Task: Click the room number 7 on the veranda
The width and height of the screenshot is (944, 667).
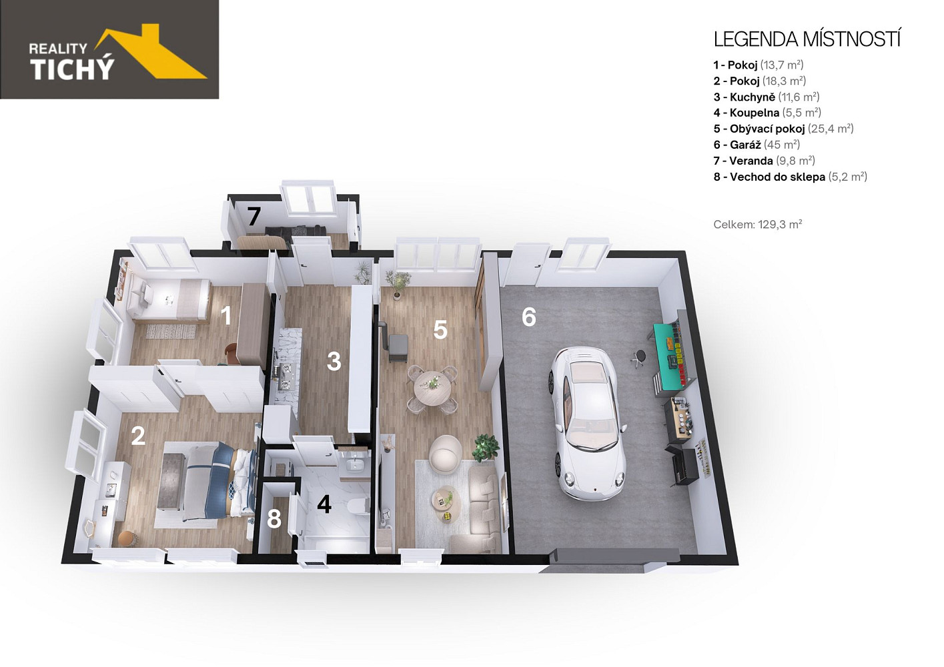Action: click(254, 217)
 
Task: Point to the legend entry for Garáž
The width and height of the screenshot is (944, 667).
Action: click(757, 145)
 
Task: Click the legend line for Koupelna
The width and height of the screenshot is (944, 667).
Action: click(767, 113)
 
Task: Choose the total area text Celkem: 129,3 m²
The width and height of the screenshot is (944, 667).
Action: click(757, 224)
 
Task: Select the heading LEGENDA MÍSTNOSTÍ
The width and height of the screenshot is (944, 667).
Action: click(807, 39)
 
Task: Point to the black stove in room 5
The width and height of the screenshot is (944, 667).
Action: click(396, 346)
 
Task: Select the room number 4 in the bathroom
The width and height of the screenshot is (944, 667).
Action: click(324, 504)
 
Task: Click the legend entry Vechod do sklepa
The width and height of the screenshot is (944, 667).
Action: click(790, 177)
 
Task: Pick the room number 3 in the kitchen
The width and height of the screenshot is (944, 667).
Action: click(334, 362)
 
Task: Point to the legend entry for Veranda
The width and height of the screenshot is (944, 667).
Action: click(764, 161)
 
